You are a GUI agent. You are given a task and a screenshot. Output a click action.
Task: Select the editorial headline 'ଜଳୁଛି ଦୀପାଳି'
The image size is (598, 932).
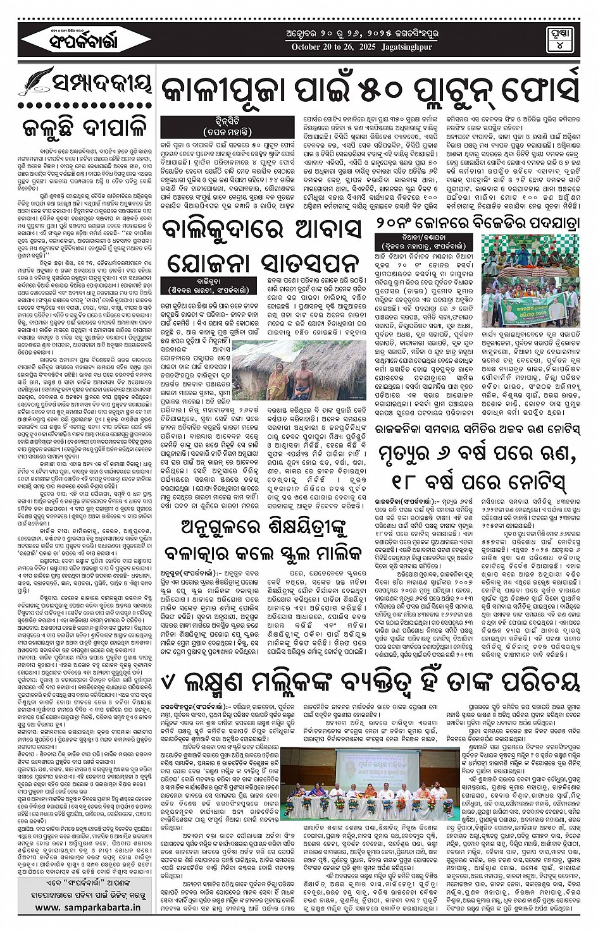(x=84, y=126)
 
